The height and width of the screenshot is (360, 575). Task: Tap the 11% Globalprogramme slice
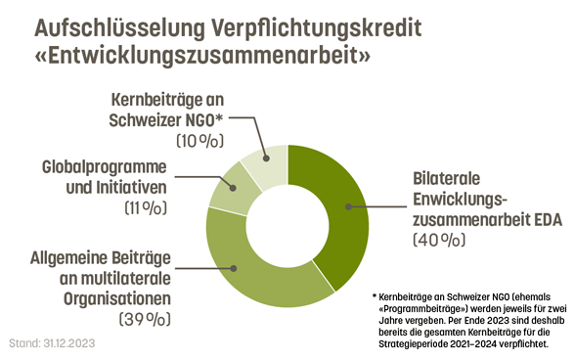pyautogui.click(x=227, y=188)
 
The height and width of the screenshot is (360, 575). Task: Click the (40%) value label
pyautogui.click(x=438, y=240)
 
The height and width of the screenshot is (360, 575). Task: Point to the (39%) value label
pyautogui.click(x=144, y=319)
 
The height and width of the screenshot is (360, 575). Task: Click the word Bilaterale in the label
pyautogui.click(x=444, y=180)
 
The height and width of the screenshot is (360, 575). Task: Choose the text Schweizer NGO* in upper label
pyautogui.click(x=167, y=119)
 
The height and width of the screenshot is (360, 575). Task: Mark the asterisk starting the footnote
pyautogui.click(x=374, y=295)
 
